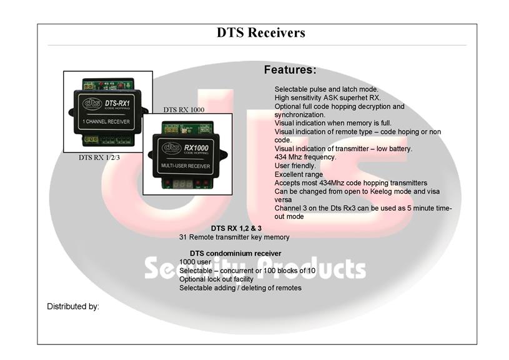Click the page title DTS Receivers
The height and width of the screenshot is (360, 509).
[261, 32]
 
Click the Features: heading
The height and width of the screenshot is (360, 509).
[290, 69]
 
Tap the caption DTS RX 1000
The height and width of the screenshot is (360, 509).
[184, 110]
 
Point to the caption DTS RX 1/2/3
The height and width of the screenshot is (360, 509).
[99, 157]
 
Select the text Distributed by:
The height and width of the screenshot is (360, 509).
[73, 306]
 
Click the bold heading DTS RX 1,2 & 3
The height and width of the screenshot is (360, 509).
[236, 228]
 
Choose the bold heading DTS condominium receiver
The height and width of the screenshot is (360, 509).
[235, 253]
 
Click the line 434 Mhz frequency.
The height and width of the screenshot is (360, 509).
[305, 157]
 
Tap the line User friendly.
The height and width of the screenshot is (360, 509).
[295, 166]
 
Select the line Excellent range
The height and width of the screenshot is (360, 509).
[299, 174]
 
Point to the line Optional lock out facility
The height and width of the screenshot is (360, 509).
[216, 279]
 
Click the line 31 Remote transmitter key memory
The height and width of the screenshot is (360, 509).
[234, 237]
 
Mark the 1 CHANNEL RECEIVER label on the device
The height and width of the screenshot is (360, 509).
[106, 122]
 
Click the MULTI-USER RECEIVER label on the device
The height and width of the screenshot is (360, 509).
[185, 166]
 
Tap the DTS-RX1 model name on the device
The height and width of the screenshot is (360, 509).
[117, 103]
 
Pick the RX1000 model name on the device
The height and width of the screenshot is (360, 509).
[196, 148]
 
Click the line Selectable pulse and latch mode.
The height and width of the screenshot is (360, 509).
[326, 89]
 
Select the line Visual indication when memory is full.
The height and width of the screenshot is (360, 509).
[333, 123]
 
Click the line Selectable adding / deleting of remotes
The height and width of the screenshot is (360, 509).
[240, 288]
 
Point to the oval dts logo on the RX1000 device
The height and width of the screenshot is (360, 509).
[172, 148]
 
